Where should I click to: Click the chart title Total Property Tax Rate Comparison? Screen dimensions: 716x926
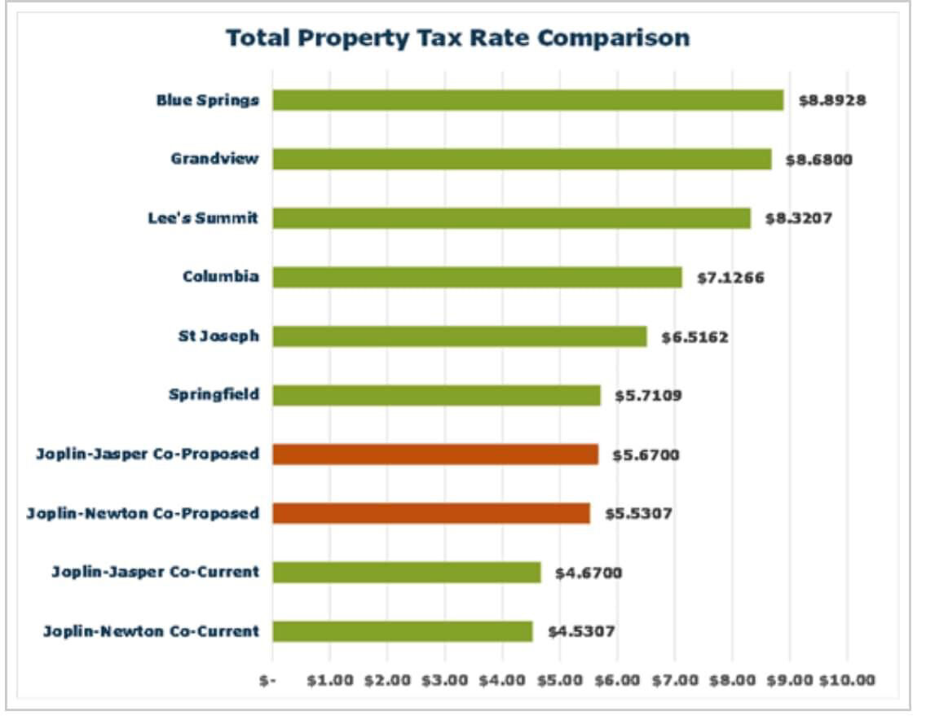click(x=457, y=37)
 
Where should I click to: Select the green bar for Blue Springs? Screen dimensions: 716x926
click(x=527, y=100)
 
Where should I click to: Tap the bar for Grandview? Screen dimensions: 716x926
click(x=522, y=159)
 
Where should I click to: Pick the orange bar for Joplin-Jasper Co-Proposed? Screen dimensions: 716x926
click(x=435, y=454)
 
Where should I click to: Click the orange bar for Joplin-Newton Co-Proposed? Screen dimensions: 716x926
click(x=431, y=513)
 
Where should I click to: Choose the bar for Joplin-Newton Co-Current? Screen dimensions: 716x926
click(x=403, y=631)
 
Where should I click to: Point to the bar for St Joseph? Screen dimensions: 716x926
click(x=460, y=336)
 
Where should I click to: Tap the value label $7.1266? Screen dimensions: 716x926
click(x=730, y=278)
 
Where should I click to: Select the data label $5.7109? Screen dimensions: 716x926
click(x=649, y=396)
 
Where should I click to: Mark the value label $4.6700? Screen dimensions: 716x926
click(x=589, y=573)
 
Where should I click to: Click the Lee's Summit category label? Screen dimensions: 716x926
click(x=203, y=218)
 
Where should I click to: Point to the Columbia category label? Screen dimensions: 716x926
click(x=221, y=277)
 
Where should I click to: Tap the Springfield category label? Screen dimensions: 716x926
click(x=214, y=395)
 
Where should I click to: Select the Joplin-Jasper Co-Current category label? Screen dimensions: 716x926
click(x=156, y=572)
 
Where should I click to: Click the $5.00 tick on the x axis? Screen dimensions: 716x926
click(x=560, y=681)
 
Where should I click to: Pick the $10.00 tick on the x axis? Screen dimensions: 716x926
click(x=847, y=681)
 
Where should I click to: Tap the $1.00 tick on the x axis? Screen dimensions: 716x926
click(x=330, y=681)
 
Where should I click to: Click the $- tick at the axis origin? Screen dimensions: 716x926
click(x=268, y=681)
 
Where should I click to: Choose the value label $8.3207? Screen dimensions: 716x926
click(x=798, y=218)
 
